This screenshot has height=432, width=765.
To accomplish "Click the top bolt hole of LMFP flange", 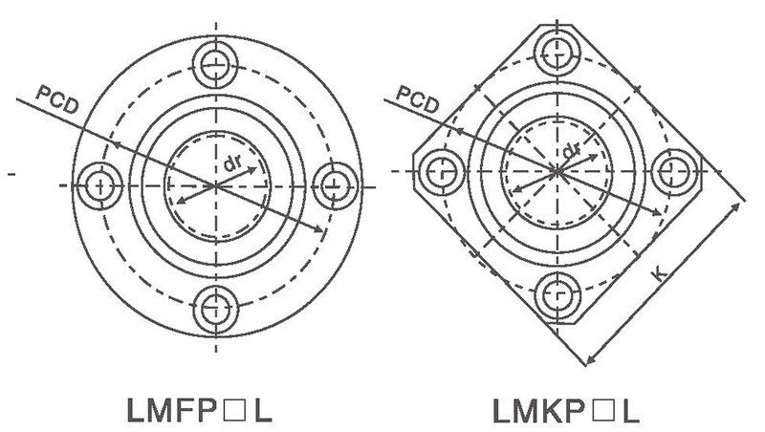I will click(x=215, y=64).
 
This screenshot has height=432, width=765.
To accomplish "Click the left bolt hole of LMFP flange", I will click(x=98, y=182).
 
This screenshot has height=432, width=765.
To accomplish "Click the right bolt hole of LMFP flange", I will click(x=333, y=182).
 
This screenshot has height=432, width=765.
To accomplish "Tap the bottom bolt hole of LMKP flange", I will click(x=557, y=292).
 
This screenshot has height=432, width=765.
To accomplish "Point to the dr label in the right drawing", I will click(x=572, y=152).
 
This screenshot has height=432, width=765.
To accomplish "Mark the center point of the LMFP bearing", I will click(x=215, y=182).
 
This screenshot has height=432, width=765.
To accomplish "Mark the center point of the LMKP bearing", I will click(x=557, y=170).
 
